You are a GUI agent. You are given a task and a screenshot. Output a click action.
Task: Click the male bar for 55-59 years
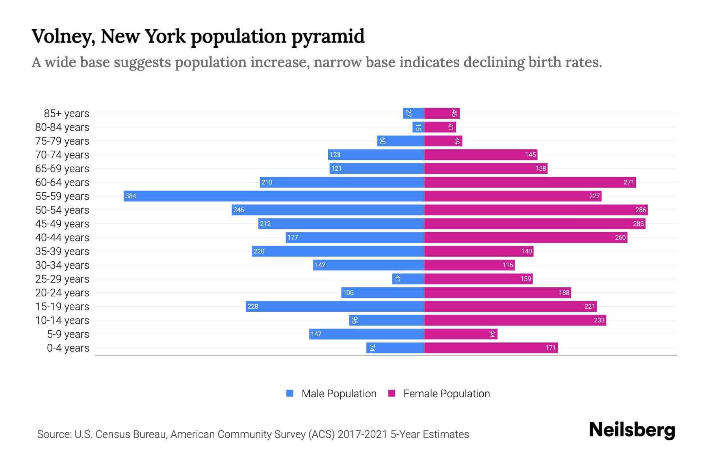click(x=274, y=196)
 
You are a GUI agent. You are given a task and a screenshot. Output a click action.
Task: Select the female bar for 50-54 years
click(x=536, y=210)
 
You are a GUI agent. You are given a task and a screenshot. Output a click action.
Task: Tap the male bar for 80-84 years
click(x=418, y=127)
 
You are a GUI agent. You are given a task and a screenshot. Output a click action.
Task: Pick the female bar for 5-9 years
click(x=460, y=334)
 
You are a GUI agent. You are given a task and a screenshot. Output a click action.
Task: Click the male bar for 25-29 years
click(x=408, y=279)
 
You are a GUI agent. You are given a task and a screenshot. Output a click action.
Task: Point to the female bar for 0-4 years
click(x=491, y=348)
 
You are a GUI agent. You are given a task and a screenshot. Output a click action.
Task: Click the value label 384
click(x=131, y=196)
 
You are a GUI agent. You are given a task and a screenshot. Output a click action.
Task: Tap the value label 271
click(x=629, y=182)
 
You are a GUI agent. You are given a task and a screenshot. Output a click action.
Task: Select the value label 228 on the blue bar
click(x=253, y=306)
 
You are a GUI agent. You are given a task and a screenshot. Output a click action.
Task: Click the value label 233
click(x=599, y=320)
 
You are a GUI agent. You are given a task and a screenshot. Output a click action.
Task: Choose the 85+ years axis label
click(x=67, y=114)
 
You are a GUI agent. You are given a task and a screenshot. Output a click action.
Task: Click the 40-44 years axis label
click(x=62, y=238)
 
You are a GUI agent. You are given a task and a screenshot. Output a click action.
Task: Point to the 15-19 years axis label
click(x=62, y=307)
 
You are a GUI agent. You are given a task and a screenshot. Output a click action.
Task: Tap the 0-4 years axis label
click(x=68, y=348)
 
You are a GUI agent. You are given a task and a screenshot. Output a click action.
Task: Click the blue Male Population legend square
click(x=290, y=393)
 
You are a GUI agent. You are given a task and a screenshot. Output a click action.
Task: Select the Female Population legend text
click(x=446, y=394)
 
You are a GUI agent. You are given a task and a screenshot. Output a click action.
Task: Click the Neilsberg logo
click(x=632, y=430)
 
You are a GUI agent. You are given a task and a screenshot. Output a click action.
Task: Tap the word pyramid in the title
click(x=328, y=37)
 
